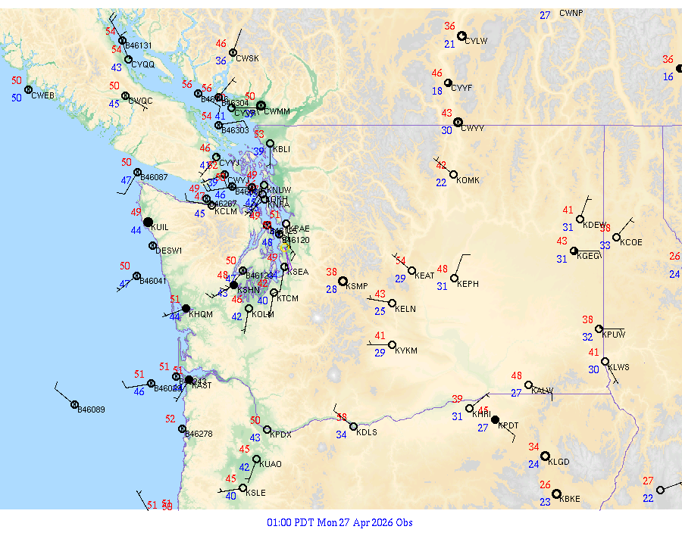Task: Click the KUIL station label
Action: point(160,227)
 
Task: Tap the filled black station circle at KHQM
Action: point(186,308)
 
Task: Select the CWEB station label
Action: point(43,95)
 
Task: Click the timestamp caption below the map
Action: point(340,522)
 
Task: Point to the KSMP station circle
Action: point(343,281)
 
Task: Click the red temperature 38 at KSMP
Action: point(331,272)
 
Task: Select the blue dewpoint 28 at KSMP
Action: point(331,289)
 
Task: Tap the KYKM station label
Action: point(407,351)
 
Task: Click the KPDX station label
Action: point(281,434)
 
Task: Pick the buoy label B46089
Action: point(92,410)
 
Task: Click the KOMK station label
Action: point(468,180)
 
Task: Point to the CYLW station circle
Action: point(461,36)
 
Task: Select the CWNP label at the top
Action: point(571,13)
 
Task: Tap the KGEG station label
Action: point(589,256)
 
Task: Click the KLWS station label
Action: point(619,367)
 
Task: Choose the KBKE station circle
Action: point(556,494)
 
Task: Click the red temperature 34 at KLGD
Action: point(534,447)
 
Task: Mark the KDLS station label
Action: point(367,432)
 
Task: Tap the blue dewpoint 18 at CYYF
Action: point(437,92)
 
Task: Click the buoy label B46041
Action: point(154,281)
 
